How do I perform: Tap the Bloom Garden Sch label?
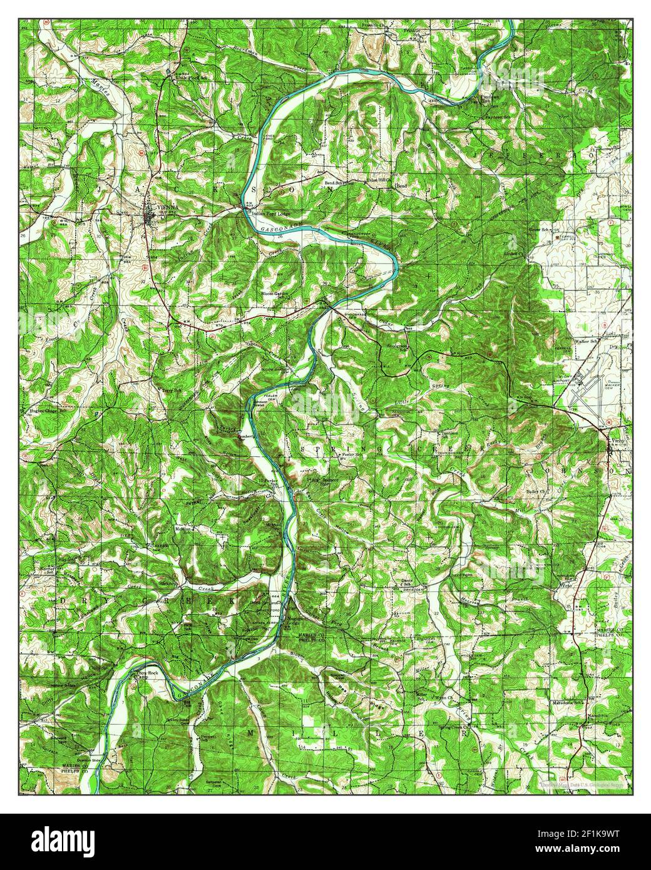276,294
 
